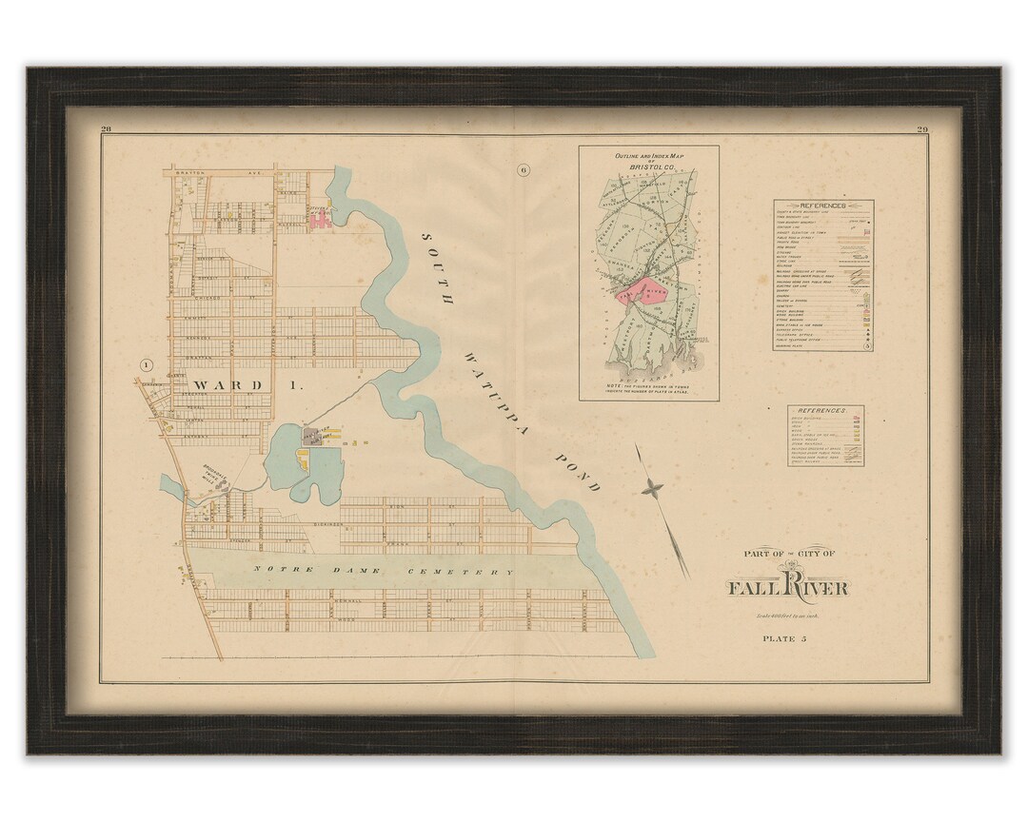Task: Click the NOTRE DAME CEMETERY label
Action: tap(382, 572)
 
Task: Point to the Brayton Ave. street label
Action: tap(218, 173)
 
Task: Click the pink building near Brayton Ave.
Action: tap(320, 220)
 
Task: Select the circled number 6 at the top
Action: tap(523, 171)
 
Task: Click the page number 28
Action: tap(107, 129)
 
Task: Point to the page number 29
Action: tap(921, 129)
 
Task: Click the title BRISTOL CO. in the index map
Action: tap(647, 167)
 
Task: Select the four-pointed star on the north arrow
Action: tap(653, 488)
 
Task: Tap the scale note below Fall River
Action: tap(787, 616)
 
